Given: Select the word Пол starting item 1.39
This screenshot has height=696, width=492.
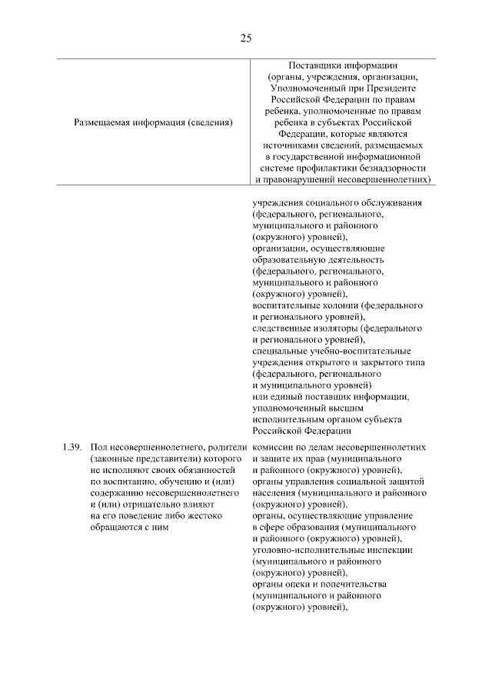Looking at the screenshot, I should click(98, 447).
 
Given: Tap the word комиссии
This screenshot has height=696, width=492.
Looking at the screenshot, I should click(274, 447).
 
